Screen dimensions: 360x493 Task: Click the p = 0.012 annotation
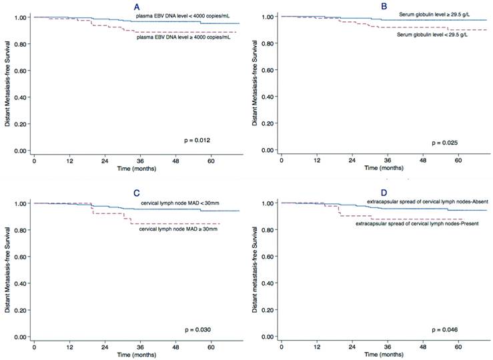tap(198, 139)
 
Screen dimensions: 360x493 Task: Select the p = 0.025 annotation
tap(446, 142)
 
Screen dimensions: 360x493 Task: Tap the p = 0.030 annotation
tap(199, 329)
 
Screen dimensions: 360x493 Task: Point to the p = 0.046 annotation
tap(446, 329)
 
